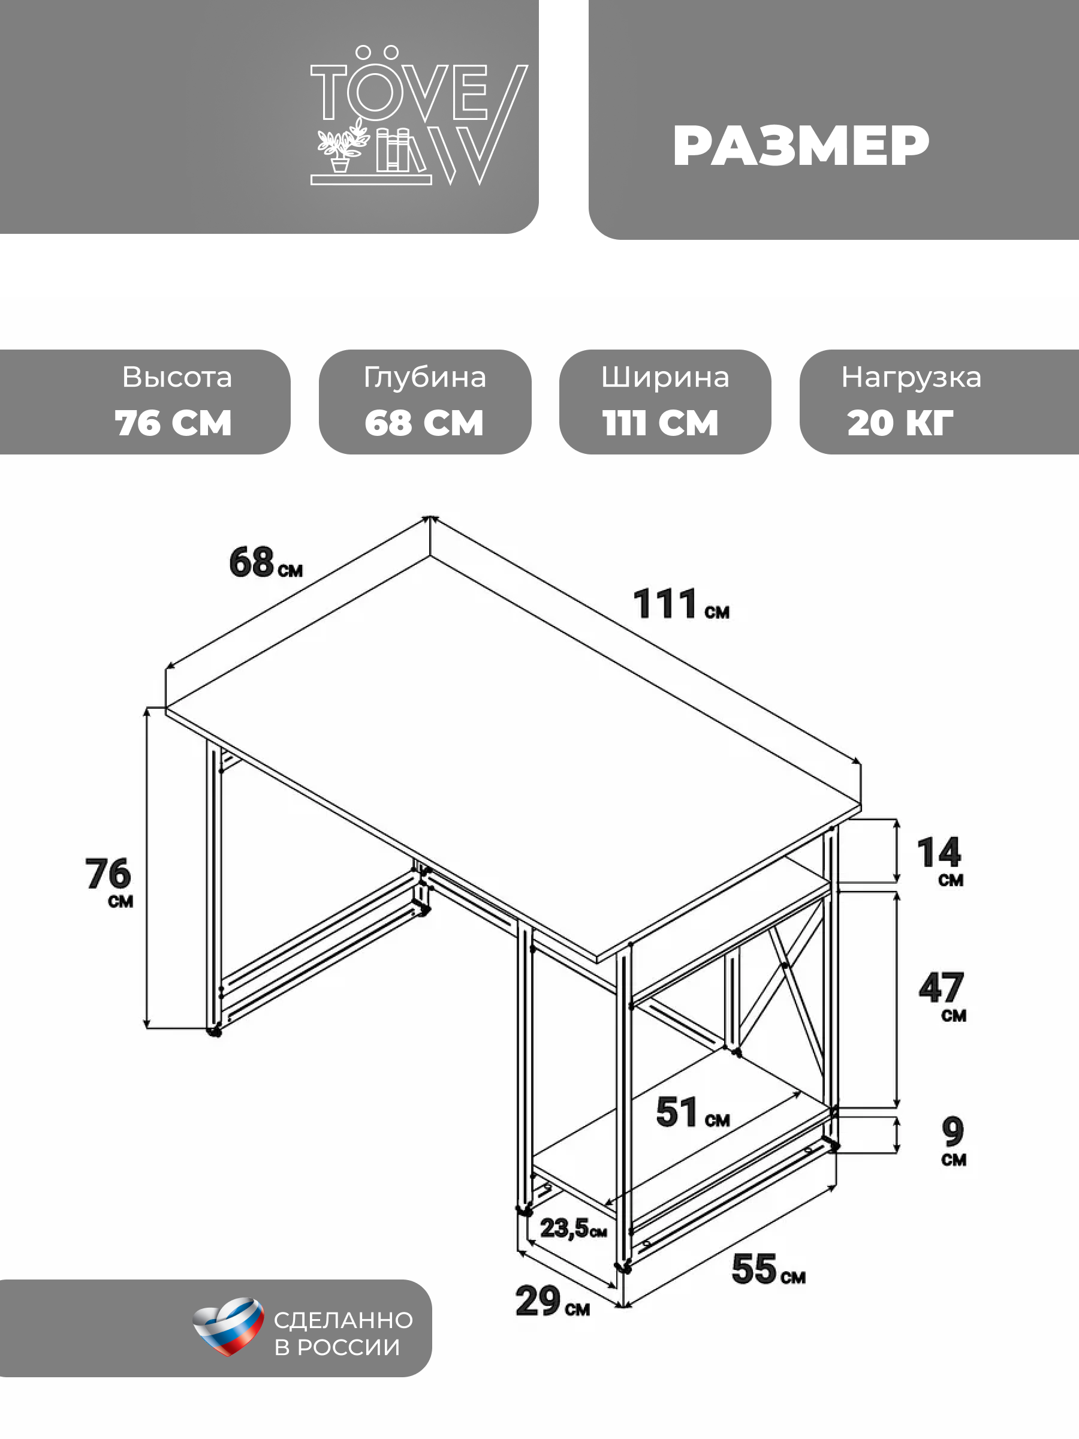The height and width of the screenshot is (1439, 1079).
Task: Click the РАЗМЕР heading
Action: pos(801,146)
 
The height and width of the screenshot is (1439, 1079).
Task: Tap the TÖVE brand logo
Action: pos(419,116)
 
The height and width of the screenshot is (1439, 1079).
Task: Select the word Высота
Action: pos(177,377)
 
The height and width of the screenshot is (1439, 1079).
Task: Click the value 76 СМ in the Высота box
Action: pos(173,423)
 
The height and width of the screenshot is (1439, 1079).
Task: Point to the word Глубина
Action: pos(424,377)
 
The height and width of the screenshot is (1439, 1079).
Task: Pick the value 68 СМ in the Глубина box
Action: pos(424,423)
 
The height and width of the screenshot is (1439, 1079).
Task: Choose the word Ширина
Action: pos(665,378)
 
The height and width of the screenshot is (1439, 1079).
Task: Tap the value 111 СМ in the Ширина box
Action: pos(660,423)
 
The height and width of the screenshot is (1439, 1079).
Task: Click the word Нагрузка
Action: pos(911,378)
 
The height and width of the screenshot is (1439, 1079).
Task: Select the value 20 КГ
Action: pos(900,423)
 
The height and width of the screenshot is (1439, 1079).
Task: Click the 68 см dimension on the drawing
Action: pos(266,563)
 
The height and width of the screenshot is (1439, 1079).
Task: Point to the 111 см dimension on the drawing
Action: pos(681,604)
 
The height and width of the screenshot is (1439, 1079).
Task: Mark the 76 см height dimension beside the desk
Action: pos(108,881)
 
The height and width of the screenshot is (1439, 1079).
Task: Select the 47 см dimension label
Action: pos(942,996)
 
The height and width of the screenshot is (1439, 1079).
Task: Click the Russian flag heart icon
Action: pos(228,1326)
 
